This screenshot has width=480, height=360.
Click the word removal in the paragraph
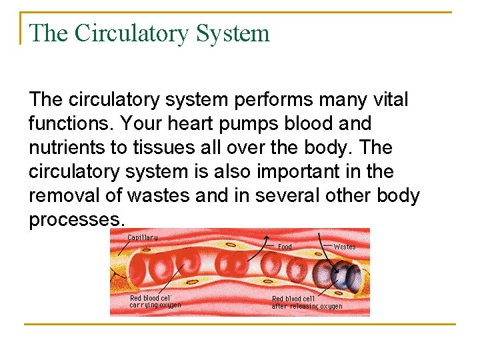(57, 196)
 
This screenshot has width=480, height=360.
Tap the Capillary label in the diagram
(143, 237)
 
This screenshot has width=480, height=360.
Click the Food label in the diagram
(285, 247)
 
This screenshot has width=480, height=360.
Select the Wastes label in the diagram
(344, 247)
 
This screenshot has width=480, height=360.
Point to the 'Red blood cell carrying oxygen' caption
(155, 301)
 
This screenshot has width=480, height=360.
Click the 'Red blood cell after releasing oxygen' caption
(307, 303)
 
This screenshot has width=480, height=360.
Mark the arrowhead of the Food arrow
(267, 237)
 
